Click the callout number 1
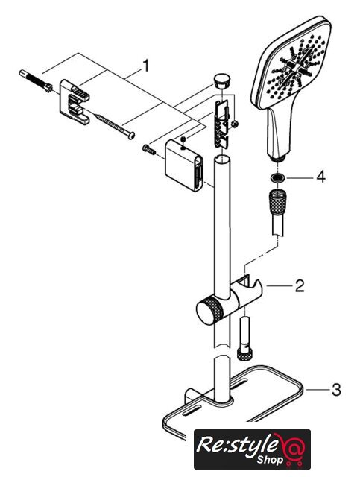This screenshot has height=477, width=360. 146,66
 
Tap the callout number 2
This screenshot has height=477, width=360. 300,286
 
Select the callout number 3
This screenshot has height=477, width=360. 336,390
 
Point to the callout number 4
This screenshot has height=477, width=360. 320,177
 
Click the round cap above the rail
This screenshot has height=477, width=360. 222,80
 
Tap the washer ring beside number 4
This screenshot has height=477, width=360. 277,177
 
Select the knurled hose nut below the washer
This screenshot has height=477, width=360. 277,202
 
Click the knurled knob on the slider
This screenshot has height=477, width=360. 209,310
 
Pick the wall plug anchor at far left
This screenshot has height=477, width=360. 36,80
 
